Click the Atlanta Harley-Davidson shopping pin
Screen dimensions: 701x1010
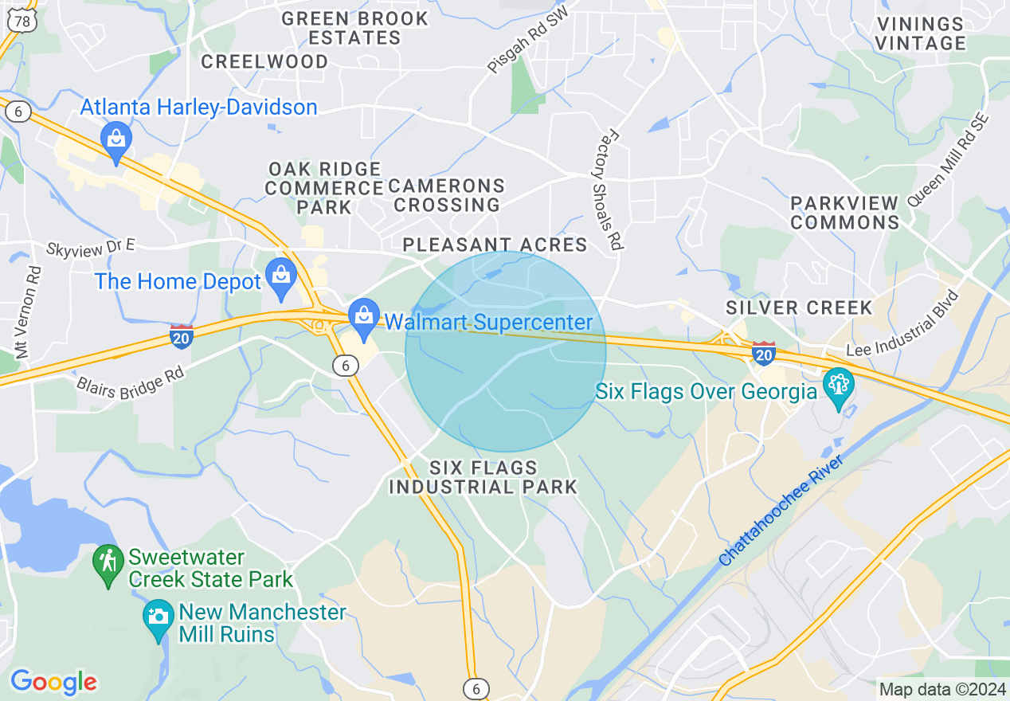tap(116, 139)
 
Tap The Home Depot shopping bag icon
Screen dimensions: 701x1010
tap(281, 276)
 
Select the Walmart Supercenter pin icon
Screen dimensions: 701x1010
tap(364, 316)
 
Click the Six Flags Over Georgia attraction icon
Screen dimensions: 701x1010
tap(838, 386)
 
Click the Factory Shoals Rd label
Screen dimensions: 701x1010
tap(608, 192)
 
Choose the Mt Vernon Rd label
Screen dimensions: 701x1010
tap(26, 311)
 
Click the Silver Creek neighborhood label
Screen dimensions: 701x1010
tap(799, 307)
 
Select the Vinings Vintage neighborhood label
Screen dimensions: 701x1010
tap(920, 33)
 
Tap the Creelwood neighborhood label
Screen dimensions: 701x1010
tap(264, 61)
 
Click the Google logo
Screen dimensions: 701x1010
tap(53, 681)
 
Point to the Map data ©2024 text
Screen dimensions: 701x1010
tap(942, 689)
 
